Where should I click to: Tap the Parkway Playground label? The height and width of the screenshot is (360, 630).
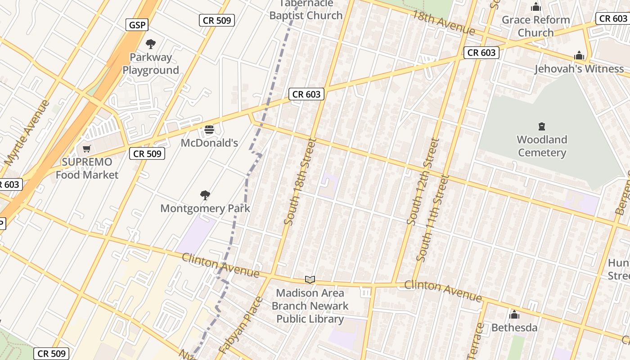151,64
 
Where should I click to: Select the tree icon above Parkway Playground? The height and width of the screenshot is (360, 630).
151,44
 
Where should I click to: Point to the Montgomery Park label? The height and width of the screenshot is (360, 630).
205,208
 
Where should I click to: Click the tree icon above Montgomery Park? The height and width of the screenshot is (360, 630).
205,195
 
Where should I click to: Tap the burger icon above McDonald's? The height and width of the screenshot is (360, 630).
209,130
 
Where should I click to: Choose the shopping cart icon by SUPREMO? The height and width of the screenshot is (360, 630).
86,149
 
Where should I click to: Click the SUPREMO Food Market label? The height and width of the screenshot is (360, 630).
87,168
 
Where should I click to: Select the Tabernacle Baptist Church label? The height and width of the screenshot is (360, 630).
306,9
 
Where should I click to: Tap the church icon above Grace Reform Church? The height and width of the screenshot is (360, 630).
535,7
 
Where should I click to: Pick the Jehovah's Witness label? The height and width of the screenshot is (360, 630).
579,69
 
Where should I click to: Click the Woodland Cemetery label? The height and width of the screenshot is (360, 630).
542,146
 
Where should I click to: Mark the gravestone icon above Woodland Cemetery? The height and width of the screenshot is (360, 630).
542,126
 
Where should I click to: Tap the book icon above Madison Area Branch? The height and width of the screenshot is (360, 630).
310,280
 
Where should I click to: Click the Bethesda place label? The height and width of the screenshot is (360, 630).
514,327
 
